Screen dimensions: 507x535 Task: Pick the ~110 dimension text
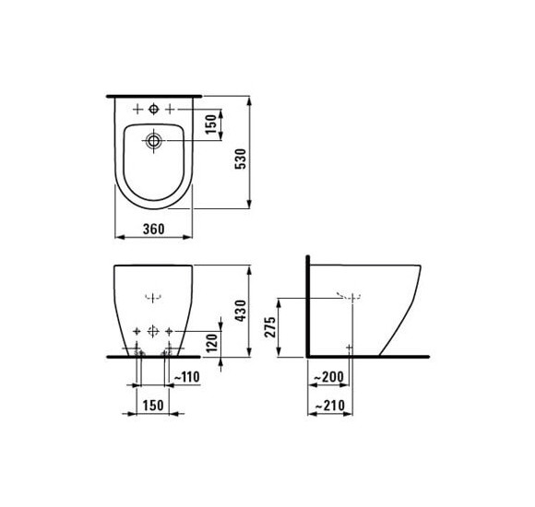[187, 376]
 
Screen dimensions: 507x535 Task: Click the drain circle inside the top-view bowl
[153, 142]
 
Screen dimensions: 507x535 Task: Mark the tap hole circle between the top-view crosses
[153, 109]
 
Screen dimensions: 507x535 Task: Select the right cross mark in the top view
[170, 109]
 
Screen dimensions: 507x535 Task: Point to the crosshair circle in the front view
[153, 328]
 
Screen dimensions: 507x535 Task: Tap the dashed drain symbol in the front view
[153, 297]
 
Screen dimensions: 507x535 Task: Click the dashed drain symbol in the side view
[349, 297]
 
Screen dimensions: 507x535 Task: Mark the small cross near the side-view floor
[349, 346]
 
